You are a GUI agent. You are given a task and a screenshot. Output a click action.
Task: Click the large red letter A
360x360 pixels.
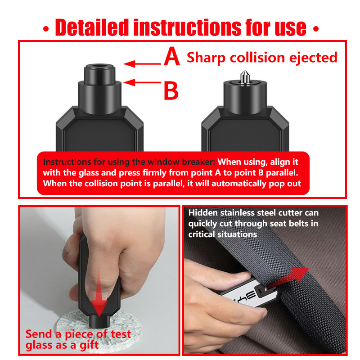pos(172,56)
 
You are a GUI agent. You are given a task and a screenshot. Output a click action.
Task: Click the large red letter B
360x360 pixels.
pos(171,90)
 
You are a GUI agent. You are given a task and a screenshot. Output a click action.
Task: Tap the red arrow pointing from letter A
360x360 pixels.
pos(142,63)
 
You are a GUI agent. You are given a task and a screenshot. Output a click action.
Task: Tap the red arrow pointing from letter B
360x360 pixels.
pos(142,82)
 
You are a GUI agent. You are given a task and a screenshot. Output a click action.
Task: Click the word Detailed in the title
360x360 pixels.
pos(92,27)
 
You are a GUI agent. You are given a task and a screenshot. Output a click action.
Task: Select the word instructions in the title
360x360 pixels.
pos(187,27)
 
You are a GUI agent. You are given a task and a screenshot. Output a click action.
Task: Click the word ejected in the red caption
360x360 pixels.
pos(313,58)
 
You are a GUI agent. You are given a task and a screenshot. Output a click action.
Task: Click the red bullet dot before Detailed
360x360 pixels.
pos(46,29)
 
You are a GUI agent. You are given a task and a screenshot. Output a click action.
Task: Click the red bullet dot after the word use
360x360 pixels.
pos(316,29)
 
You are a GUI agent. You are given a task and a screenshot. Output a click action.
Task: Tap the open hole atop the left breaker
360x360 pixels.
pos(99,66)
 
